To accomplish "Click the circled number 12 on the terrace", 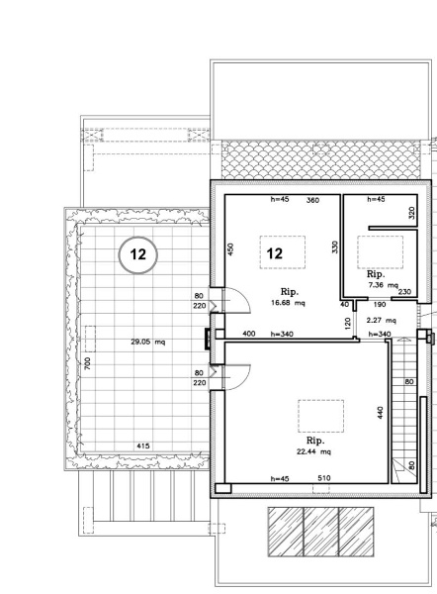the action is pyautogui.click(x=137, y=255).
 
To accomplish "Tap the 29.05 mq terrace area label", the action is pyautogui.click(x=148, y=342).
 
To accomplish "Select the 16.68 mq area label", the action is pyautogui.click(x=288, y=303).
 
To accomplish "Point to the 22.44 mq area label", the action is pyautogui.click(x=314, y=451).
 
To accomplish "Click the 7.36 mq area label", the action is pyautogui.click(x=383, y=285).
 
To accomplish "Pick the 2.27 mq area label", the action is pyautogui.click(x=381, y=320).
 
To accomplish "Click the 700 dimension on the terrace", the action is pyautogui.click(x=87, y=363).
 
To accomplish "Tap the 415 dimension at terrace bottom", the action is pyautogui.click(x=142, y=445).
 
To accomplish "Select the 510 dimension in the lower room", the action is pyautogui.click(x=324, y=478).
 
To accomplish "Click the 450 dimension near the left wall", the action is pyautogui.click(x=231, y=248).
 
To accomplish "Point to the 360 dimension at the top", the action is pyautogui.click(x=312, y=200).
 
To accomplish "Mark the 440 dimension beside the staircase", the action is pyautogui.click(x=381, y=413).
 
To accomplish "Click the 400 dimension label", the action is pyautogui.click(x=248, y=334).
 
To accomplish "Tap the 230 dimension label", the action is pyautogui.click(x=404, y=292).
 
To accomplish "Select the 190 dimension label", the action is pyautogui.click(x=380, y=305).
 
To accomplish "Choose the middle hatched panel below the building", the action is pyautogui.click(x=321, y=533).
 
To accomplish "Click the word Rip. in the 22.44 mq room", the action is pyautogui.click(x=315, y=441).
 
